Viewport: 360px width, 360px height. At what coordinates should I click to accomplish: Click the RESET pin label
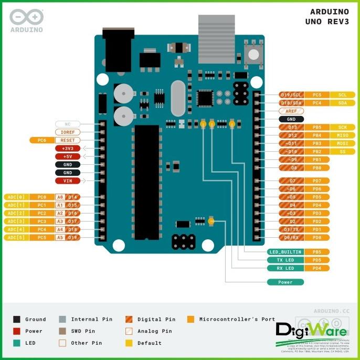coord(68,140)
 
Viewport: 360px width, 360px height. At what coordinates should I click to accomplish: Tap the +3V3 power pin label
coord(68,149)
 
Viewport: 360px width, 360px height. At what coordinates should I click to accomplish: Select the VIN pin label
coord(68,181)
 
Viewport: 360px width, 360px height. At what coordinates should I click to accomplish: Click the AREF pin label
coord(291,111)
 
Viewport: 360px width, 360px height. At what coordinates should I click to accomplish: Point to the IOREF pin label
coord(68,132)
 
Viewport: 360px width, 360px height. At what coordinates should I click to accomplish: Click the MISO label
coord(342,135)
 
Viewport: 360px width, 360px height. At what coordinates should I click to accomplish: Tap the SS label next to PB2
coord(342,152)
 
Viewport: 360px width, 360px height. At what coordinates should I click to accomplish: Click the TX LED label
coord(285,260)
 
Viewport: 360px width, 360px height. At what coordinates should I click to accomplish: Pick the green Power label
coord(285,282)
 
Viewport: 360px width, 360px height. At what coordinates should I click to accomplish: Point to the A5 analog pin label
coord(60,237)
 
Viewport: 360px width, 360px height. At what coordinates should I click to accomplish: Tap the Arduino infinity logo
coord(26,17)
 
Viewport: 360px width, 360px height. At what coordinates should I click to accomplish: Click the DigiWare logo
coord(311,331)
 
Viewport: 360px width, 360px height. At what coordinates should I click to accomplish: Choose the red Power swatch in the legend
coord(17,331)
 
